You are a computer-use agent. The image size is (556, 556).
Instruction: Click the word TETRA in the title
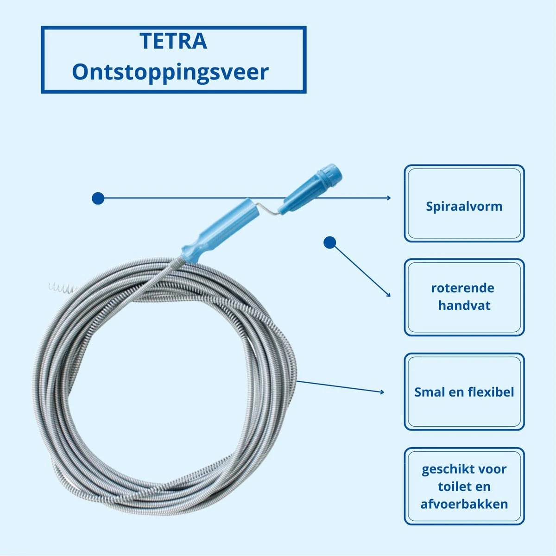[x=173, y=41]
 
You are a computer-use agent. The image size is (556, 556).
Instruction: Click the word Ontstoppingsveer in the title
[x=170, y=72]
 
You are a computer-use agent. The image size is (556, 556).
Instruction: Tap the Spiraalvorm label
[x=464, y=206]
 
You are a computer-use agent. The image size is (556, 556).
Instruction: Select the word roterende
[x=462, y=288]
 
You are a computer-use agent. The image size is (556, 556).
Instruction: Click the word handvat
[x=464, y=305]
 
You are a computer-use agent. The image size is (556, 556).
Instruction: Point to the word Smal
[x=429, y=392]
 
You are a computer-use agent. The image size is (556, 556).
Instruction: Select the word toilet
[x=451, y=486]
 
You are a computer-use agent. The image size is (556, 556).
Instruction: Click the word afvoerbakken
[x=464, y=504]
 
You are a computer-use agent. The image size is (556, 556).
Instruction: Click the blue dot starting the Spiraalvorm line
[x=98, y=198]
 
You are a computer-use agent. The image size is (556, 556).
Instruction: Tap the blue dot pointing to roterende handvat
[x=329, y=242]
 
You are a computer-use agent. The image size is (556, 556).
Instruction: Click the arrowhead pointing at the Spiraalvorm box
[x=388, y=198]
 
